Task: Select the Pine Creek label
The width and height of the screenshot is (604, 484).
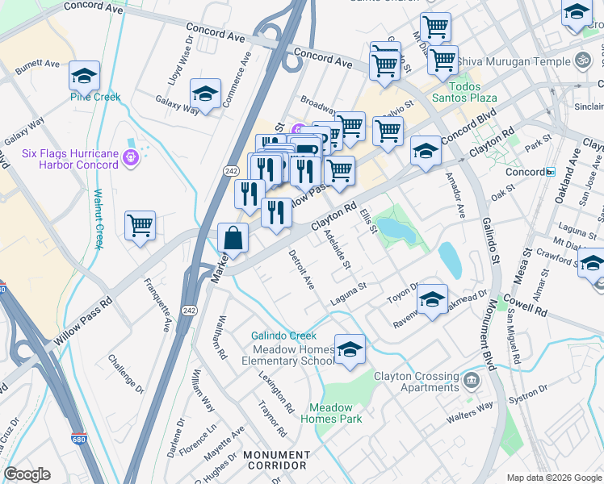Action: [95, 97]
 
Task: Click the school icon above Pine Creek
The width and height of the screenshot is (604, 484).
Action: [85, 76]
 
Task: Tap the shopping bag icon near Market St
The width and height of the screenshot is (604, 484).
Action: [233, 237]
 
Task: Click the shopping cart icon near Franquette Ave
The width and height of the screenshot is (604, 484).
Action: [141, 226]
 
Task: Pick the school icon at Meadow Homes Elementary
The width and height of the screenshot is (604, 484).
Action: [350, 350]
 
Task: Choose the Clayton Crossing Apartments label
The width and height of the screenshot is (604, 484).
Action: [416, 382]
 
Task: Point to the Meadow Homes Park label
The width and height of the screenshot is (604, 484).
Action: [331, 413]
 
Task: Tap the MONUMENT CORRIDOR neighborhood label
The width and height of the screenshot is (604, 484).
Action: [276, 460]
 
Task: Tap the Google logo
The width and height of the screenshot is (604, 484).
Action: [27, 474]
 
